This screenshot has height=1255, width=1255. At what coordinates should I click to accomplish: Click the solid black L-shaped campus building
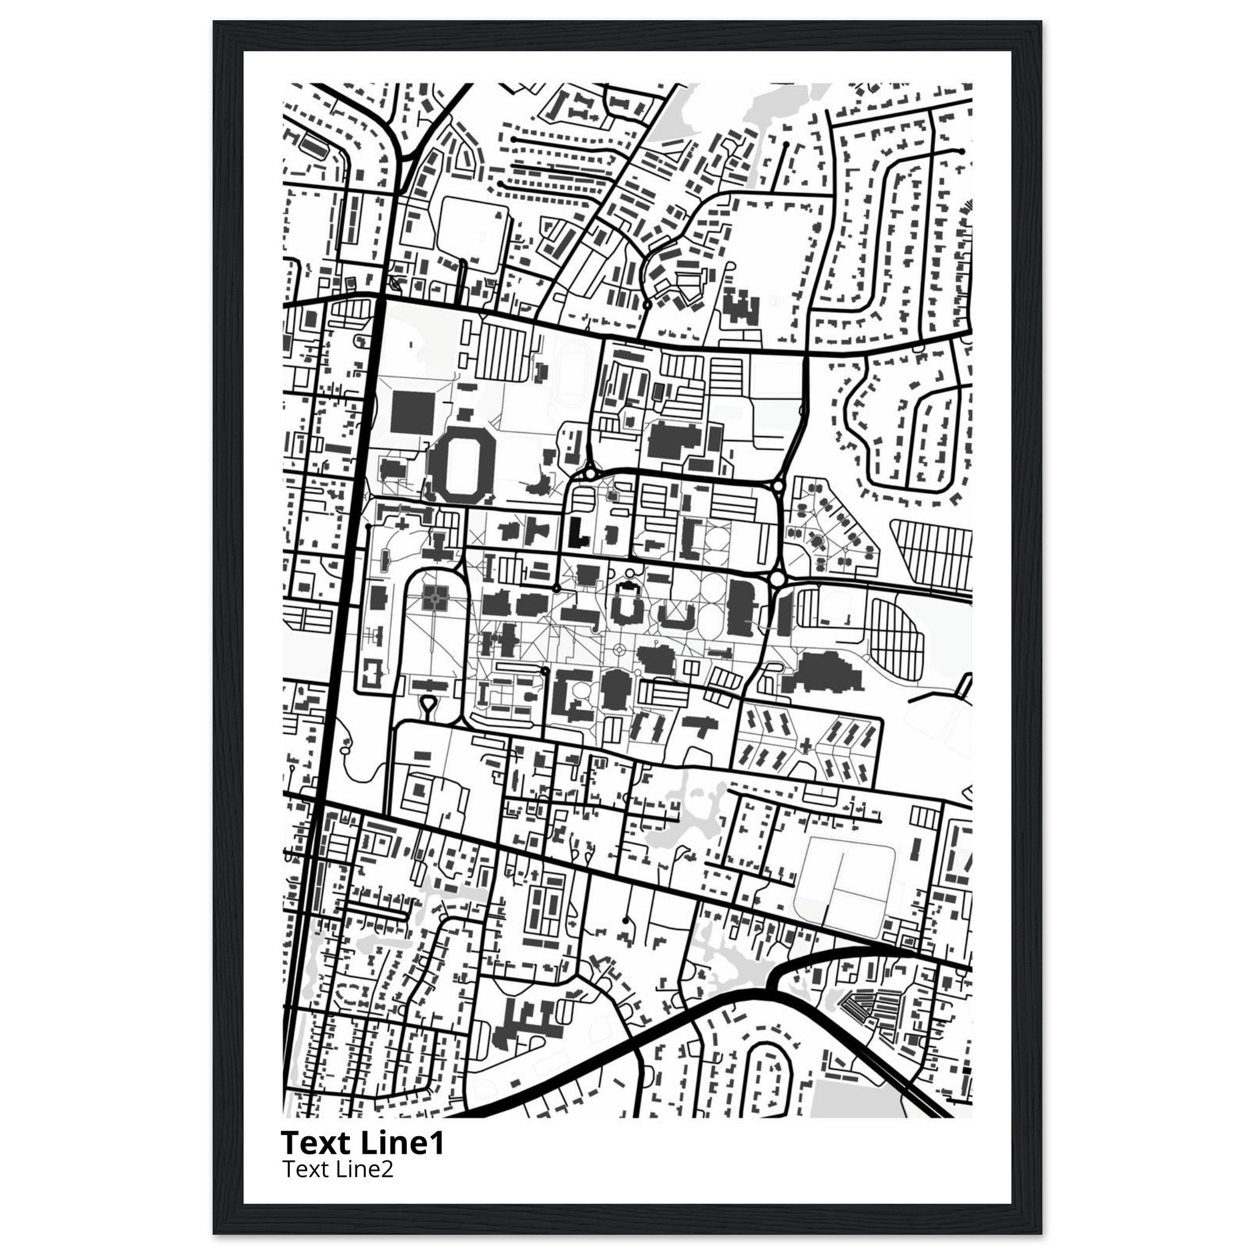click(577, 533)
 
